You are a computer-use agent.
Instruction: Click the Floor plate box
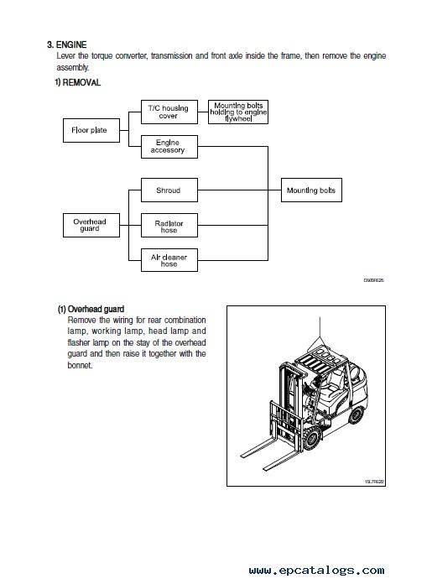pos(91,130)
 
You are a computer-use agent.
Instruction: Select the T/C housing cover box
pos(169,112)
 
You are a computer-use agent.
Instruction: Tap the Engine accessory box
pos(169,147)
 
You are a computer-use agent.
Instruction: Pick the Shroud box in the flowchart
pos(169,190)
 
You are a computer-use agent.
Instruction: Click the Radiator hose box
pos(169,226)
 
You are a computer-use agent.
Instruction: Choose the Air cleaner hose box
pos(169,260)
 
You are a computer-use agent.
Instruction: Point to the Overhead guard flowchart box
pos(91,226)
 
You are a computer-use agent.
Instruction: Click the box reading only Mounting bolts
pos(311,190)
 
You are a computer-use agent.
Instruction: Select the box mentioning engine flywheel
pos(238,112)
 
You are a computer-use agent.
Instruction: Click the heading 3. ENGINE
pos(67,44)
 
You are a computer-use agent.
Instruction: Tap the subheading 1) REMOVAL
pos(78,82)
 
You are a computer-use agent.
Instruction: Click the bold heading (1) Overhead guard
pos(91,309)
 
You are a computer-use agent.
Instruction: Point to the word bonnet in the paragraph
pos(80,365)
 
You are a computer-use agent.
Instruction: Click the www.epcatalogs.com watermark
pos(317,570)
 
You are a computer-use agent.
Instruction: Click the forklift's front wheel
pos(312,438)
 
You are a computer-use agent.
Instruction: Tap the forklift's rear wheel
pos(357,415)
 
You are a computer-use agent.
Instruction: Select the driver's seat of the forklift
pos(332,383)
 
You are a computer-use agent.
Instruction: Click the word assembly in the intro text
pos(73,68)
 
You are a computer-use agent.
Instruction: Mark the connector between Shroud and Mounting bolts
pos(239,190)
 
